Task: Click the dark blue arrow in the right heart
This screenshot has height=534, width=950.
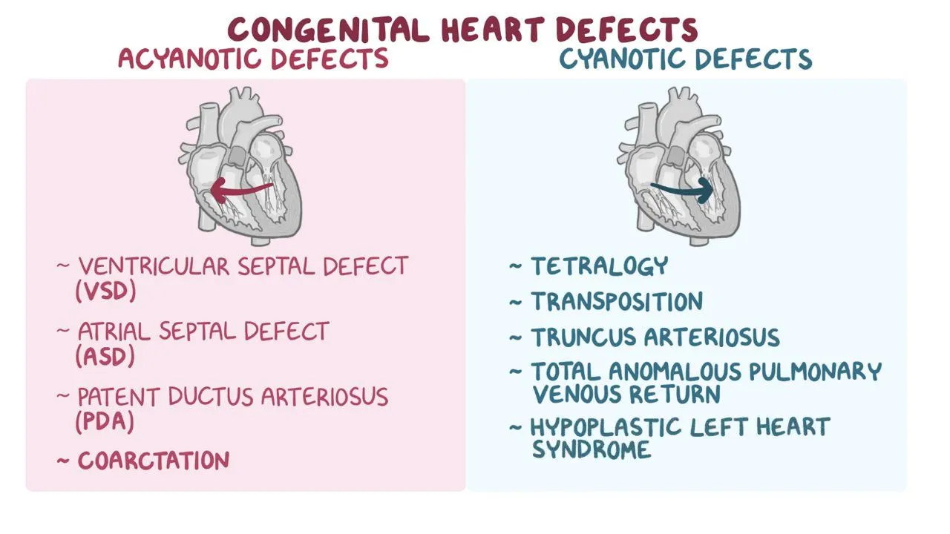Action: [681, 191]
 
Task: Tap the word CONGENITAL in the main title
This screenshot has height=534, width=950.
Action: [330, 29]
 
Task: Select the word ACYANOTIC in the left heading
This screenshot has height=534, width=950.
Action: [187, 59]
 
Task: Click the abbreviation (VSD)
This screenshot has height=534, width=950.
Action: [106, 291]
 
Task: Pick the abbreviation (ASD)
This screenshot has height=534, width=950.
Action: [105, 356]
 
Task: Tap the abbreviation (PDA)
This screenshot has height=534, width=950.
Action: [105, 421]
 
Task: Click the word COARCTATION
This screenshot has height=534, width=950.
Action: [154, 461]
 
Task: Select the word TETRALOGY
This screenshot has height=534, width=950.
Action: [600, 266]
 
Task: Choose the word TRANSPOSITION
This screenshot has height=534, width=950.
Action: [617, 301]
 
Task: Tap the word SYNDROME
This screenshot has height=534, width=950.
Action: [592, 449]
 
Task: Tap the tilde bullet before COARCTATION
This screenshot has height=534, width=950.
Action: [64, 461]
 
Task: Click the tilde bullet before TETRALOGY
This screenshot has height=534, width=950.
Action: [516, 266]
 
